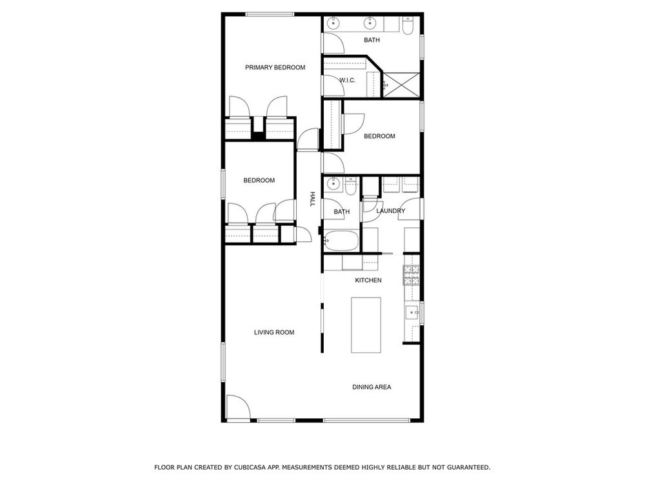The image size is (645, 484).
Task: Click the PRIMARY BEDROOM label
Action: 275,68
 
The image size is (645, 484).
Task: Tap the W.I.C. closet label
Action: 348,80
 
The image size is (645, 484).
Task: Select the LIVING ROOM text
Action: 274,332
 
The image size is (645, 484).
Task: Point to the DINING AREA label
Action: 372,387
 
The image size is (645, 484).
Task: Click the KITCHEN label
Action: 368,280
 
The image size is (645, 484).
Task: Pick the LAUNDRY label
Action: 391,211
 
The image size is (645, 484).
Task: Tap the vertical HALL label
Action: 312,199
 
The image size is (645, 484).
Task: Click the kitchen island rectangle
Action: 366,325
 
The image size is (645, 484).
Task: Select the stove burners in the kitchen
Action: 412,276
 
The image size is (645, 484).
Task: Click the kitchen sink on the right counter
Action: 412,313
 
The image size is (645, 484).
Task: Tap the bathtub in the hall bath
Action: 341,240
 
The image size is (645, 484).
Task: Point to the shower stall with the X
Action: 401,85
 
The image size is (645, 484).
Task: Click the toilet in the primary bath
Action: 408,26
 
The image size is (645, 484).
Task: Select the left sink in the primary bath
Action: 333,23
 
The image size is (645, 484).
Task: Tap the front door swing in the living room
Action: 238,407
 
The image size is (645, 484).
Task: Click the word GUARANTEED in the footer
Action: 468,467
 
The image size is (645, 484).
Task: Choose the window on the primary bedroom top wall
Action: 270,14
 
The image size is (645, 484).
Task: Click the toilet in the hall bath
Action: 350,187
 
